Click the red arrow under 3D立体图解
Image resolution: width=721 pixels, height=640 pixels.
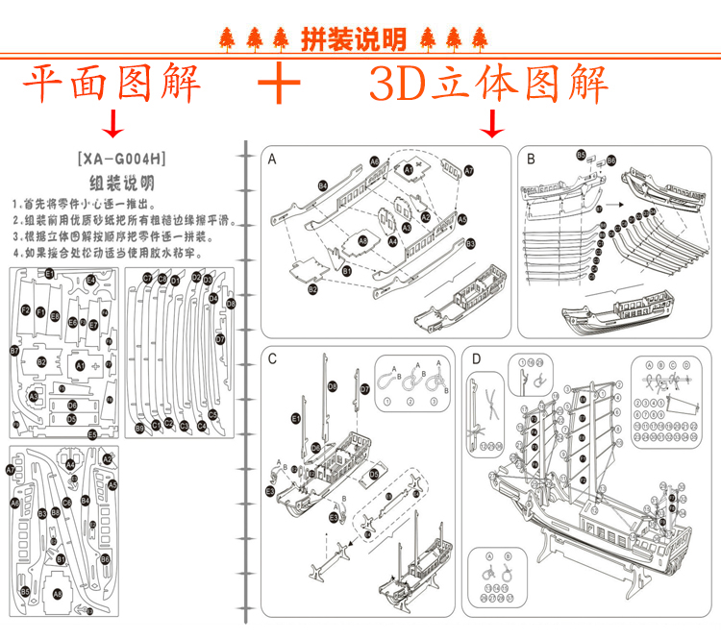[493, 123]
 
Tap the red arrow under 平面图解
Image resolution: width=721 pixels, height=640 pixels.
[114, 123]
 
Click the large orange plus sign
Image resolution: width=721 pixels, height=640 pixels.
[280, 83]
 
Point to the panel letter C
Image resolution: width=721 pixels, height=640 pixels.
[272, 359]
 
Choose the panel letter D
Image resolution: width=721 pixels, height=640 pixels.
[476, 359]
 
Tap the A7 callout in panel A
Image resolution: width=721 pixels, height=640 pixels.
[469, 170]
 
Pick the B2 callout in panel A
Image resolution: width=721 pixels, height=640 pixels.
[312, 288]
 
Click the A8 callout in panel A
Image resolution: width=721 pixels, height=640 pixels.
[362, 239]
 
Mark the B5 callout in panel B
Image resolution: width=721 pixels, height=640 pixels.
[581, 155]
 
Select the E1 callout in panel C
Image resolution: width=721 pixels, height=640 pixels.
[295, 419]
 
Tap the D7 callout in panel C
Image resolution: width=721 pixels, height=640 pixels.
[364, 389]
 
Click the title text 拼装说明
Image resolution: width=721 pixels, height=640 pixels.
[353, 39]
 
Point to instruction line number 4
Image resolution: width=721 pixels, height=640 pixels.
[107, 254]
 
